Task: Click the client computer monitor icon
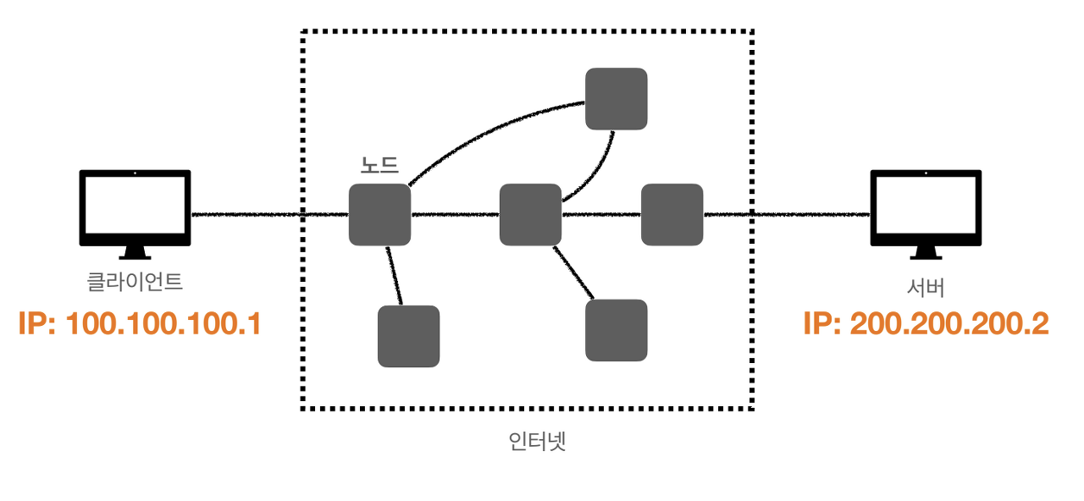(135, 207)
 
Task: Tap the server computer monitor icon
(926, 207)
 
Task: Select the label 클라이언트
(135, 280)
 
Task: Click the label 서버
(926, 288)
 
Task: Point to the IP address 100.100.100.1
(139, 323)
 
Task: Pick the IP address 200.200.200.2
(926, 323)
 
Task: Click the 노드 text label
(379, 165)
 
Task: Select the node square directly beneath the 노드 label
(379, 214)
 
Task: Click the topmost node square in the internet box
(617, 98)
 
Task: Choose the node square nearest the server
(672, 214)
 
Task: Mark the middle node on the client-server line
(530, 214)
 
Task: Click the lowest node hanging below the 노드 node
(408, 336)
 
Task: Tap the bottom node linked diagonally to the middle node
(617, 330)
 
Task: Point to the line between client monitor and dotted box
(246, 215)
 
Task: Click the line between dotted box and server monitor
(809, 215)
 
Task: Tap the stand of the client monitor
(135, 252)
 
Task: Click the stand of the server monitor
(926, 252)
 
